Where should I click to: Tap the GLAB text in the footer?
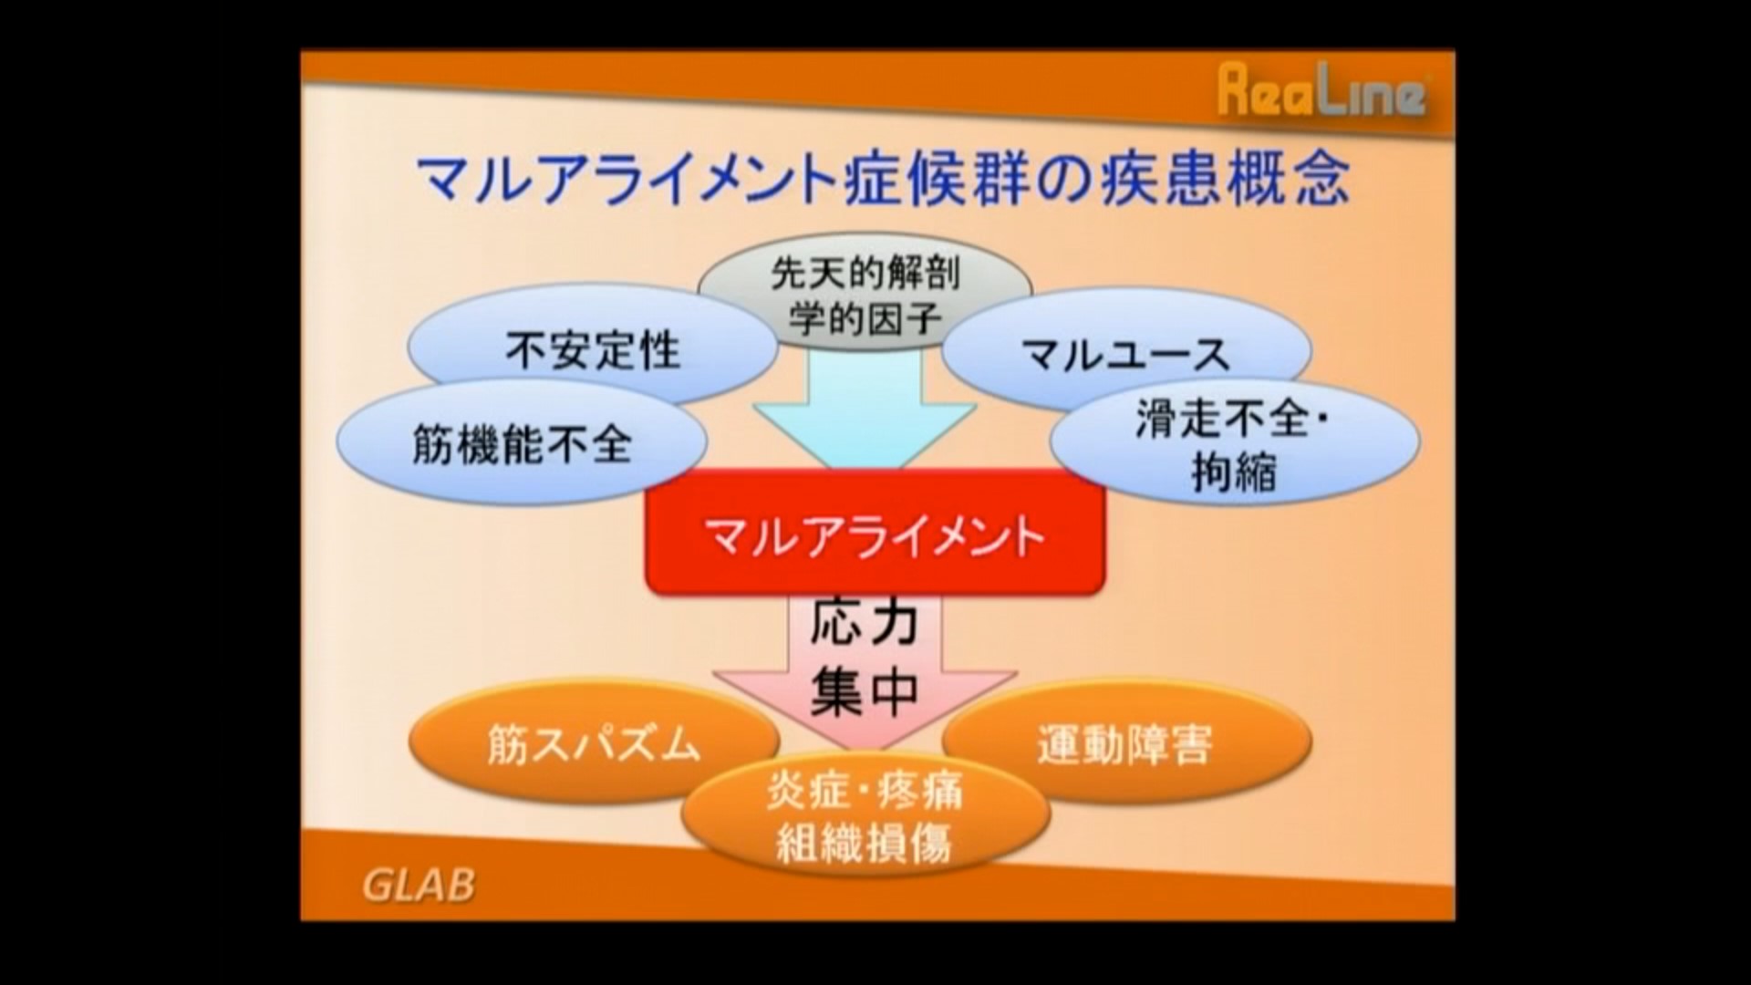pos(419,884)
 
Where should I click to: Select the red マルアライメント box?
pos(875,534)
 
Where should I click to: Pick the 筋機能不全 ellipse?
pos(522,443)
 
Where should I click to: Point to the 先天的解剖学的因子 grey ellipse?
pos(865,294)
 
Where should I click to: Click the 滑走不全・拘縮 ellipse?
pos(1235,444)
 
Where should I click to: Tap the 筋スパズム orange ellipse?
pos(594,743)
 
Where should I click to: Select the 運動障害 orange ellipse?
pos(1126,743)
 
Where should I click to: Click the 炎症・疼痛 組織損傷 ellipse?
pos(865,814)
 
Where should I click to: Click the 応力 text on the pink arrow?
pos(864,625)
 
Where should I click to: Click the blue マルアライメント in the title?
pos(628,179)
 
